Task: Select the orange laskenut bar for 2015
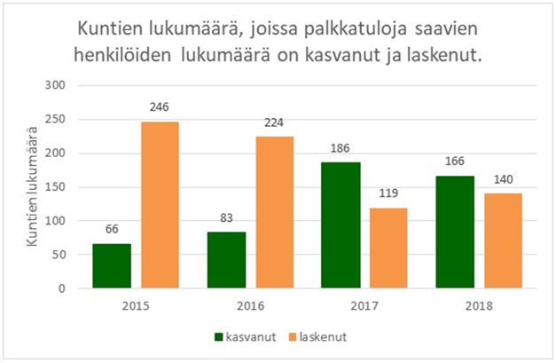[161, 205]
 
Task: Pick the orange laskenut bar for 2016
[275, 212]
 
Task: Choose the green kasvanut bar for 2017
[340, 225]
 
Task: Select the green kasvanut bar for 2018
[454, 232]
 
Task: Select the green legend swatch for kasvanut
[218, 337]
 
